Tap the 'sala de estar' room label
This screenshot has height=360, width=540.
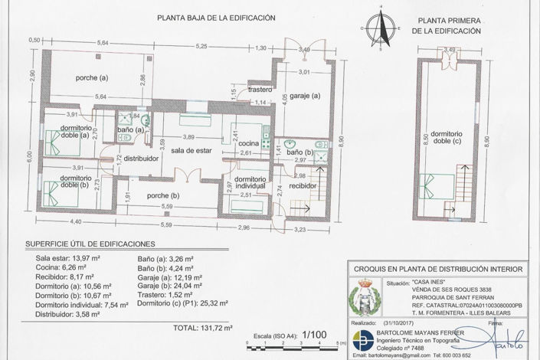191,151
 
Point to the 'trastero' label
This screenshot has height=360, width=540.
260,89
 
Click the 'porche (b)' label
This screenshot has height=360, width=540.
164,195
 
